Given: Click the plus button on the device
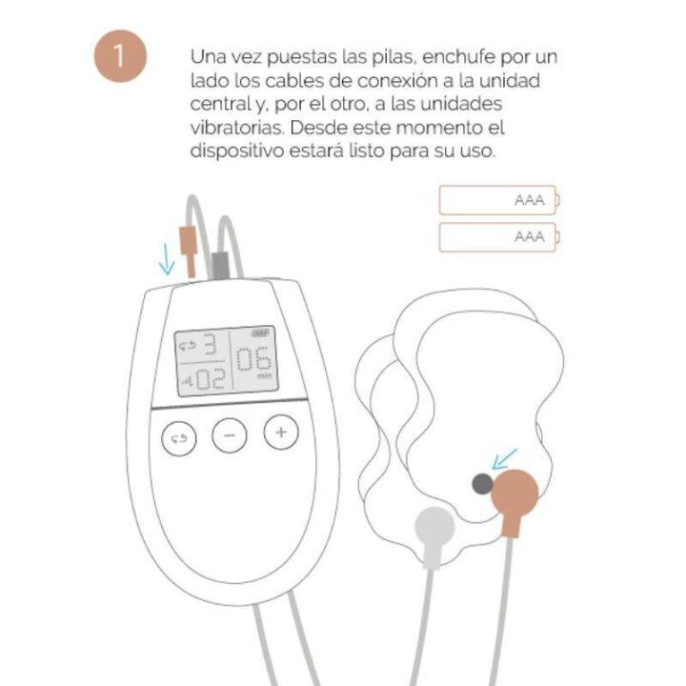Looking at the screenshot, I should point(280,434).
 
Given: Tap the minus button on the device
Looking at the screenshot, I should point(229,436).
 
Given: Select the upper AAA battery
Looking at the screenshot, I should point(499,201).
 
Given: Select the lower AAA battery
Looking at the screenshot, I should point(499,237).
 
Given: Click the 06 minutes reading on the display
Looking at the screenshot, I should point(253,362).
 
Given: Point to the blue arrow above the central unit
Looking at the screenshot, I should point(167,258).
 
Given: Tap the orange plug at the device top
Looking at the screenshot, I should point(189,250).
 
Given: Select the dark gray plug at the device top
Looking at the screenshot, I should point(221,263).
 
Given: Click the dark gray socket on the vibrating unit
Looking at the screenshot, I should point(483,484).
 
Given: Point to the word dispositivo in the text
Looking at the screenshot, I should point(235,151).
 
